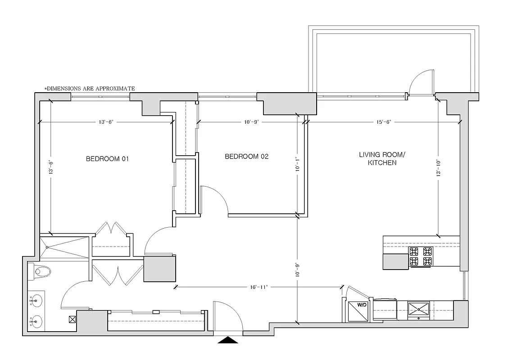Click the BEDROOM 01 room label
coord(107,159)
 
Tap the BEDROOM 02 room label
coord(246,157)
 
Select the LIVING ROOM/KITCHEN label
coord(382,159)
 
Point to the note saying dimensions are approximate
coord(89,89)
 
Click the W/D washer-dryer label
coord(362,305)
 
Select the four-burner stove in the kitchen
coord(420,256)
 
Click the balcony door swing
coord(421,81)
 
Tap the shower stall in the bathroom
coord(64,247)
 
